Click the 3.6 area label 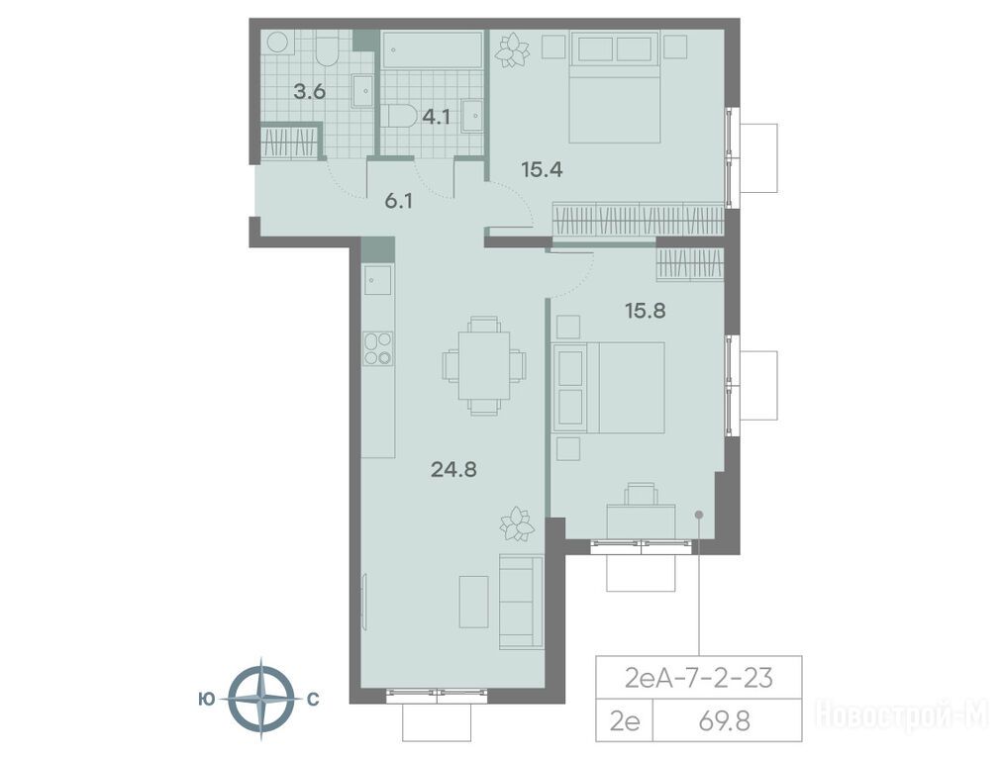pos(309,91)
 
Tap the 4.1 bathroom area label pos(436,117)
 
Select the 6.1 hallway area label pos(398,202)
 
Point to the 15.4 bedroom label pos(542,170)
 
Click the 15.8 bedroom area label pos(646,311)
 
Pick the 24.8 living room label pos(453,470)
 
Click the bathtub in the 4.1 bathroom pos(432,49)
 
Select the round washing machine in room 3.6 pos(277,43)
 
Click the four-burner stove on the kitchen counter pos(377,348)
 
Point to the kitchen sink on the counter pos(377,280)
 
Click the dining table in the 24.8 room pos(484,365)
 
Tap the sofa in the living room pos(521,603)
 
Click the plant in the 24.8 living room pos(516,523)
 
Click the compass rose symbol pos(260,700)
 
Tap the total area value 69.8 pos(724,721)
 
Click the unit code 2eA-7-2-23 pos(698,678)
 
